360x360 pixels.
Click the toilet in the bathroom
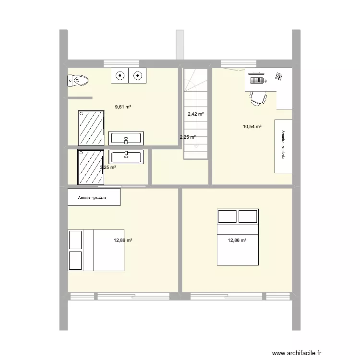(79, 82)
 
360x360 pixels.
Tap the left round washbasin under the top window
(120, 75)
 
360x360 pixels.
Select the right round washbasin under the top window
(138, 75)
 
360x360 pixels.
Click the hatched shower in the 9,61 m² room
(91, 127)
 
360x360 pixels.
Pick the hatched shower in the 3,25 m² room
(91, 167)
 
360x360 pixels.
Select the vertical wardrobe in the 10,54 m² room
(283, 146)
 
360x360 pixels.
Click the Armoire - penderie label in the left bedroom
(94, 197)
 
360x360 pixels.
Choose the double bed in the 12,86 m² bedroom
(238, 237)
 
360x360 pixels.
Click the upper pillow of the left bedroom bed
(75, 240)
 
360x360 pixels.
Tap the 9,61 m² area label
(123, 107)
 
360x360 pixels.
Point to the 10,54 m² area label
(252, 127)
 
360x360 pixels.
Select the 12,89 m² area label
(123, 240)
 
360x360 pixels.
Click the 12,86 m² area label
(237, 240)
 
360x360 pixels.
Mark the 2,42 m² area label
(195, 114)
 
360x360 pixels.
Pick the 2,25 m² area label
(187, 137)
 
